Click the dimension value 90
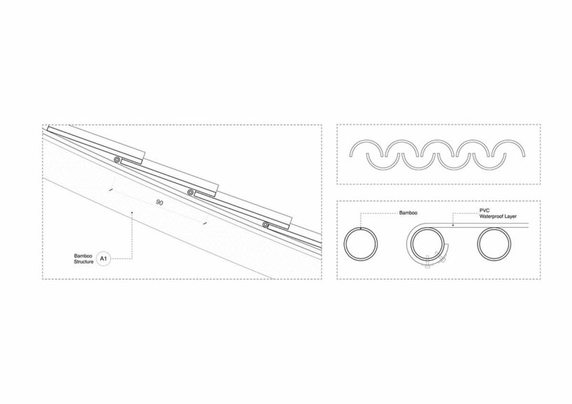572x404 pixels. click(159, 202)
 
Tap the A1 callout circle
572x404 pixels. click(103, 259)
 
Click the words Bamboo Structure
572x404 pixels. click(83, 259)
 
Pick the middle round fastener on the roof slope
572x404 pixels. click(191, 192)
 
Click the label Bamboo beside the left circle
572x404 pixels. click(408, 212)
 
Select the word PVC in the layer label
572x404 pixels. click(485, 210)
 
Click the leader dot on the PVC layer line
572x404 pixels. click(453, 225)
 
